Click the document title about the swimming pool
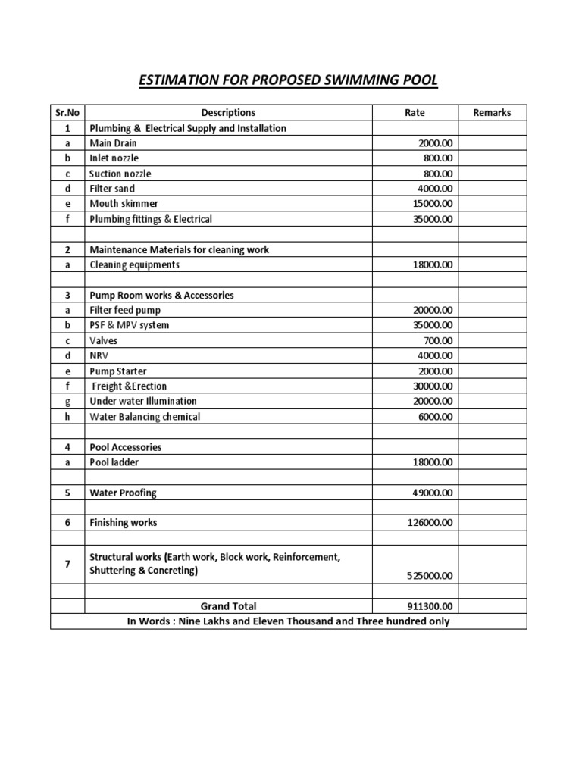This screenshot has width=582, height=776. pyautogui.click(x=289, y=80)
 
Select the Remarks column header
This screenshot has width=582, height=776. pyautogui.click(x=492, y=113)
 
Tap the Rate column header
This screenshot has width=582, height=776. pyautogui.click(x=415, y=113)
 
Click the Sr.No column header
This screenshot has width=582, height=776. pyautogui.click(x=67, y=113)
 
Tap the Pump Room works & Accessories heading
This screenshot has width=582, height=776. pyautogui.click(x=161, y=295)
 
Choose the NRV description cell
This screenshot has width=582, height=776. pyautogui.click(x=99, y=356)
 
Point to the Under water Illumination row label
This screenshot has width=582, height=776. pyautogui.click(x=143, y=402)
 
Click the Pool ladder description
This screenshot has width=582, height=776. pyautogui.click(x=114, y=462)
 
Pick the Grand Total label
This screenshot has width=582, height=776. pyautogui.click(x=228, y=606)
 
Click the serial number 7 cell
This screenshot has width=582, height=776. pyautogui.click(x=67, y=565)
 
